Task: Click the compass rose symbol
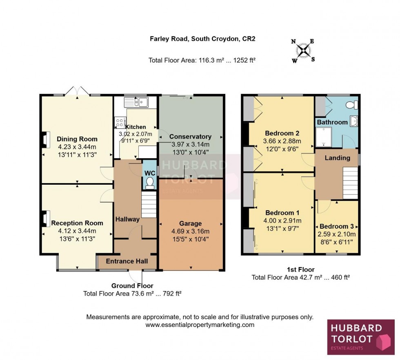tap(303, 51)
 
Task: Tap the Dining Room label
tap(77, 139)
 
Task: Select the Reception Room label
tap(77, 223)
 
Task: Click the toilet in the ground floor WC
tap(149, 182)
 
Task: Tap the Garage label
tap(190, 223)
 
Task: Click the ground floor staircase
tap(149, 205)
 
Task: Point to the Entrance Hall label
tap(127, 261)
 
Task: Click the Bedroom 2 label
tap(282, 133)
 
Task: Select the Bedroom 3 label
tap(337, 227)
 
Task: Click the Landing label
tap(337, 158)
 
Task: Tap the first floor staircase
tap(350, 184)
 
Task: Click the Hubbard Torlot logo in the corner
tap(361, 336)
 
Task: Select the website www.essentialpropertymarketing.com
tap(200, 325)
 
